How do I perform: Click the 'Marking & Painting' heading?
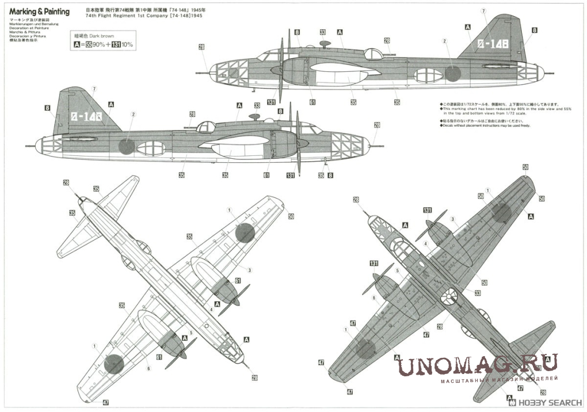tap(40, 12)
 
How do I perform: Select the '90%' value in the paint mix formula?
tap(101, 44)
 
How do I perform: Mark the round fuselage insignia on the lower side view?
tap(126, 146)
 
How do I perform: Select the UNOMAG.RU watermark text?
tap(478, 367)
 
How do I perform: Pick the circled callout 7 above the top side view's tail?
tap(483, 12)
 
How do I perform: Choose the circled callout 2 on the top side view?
tap(444, 41)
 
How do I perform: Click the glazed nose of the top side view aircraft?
tap(224, 72)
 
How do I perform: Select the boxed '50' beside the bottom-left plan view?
tap(291, 216)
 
